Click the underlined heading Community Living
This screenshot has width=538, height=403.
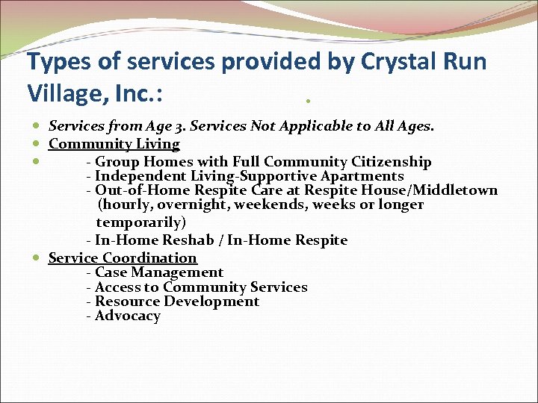[x=114, y=144]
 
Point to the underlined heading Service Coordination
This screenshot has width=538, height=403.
[x=123, y=258]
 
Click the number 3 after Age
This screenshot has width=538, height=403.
[x=182, y=126]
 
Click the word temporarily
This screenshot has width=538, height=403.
[x=141, y=222]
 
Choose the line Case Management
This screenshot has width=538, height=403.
[x=155, y=273]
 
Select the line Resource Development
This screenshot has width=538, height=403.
[x=173, y=302]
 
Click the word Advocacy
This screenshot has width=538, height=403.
[x=128, y=316]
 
